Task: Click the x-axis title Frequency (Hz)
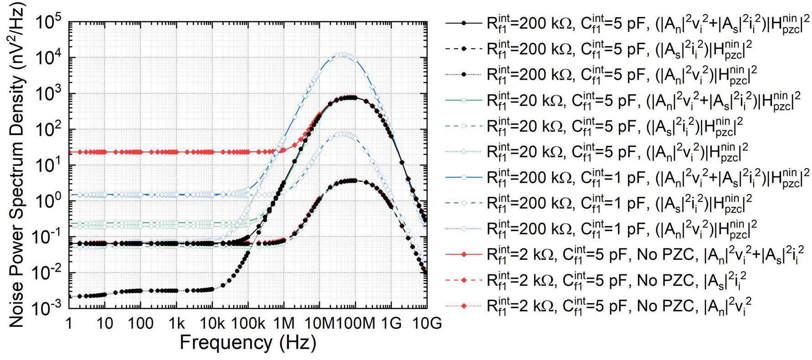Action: coord(247,343)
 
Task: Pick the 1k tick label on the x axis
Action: coord(176,324)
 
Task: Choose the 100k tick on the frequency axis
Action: coord(248,324)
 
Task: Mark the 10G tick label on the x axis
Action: coord(427,324)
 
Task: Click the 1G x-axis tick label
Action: coord(391,324)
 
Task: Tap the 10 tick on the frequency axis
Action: coord(105,324)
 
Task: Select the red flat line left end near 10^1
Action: coord(71,152)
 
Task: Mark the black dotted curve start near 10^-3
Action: coord(71,296)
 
